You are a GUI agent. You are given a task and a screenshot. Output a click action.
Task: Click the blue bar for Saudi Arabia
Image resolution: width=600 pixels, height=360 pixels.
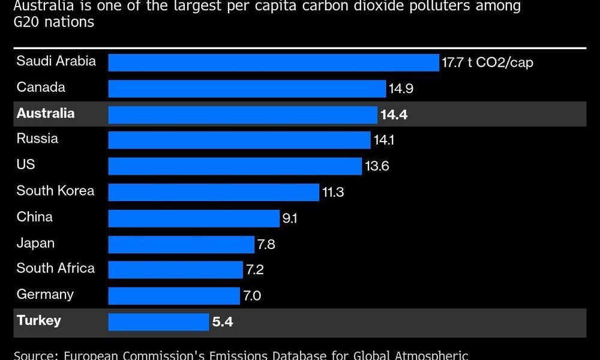pyautogui.click(x=274, y=62)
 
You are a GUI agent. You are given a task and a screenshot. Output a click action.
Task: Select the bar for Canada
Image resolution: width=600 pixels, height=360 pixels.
pyautogui.click(x=247, y=89)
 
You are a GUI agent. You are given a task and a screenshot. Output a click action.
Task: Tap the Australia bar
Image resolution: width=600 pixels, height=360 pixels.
pyautogui.click(x=242, y=115)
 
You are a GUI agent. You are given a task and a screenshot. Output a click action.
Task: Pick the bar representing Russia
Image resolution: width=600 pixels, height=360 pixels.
pyautogui.click(x=239, y=140)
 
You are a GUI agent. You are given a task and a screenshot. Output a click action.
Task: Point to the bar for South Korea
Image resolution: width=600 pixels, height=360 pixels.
pyautogui.click(x=214, y=192)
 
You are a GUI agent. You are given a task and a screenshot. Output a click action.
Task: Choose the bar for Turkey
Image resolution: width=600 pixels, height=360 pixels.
pyautogui.click(x=158, y=322)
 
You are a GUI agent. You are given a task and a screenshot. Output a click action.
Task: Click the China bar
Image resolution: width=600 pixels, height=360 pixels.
pyautogui.click(x=194, y=218)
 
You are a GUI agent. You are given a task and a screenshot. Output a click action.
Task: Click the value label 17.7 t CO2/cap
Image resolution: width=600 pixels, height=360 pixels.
pyautogui.click(x=487, y=63)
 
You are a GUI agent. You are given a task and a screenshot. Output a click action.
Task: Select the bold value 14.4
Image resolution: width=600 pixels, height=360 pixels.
pyautogui.click(x=394, y=115)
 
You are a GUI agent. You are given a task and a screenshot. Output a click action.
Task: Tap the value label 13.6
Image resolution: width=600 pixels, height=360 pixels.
pyautogui.click(x=377, y=166)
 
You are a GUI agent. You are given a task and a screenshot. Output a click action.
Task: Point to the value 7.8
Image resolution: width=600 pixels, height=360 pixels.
pyautogui.click(x=266, y=244)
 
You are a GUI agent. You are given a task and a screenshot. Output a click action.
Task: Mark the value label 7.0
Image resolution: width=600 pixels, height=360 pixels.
pyautogui.click(x=252, y=296)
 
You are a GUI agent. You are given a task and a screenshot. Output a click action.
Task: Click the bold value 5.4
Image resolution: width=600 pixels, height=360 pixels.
pyautogui.click(x=222, y=322)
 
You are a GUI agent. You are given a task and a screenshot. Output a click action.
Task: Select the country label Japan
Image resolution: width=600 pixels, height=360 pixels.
pyautogui.click(x=35, y=243)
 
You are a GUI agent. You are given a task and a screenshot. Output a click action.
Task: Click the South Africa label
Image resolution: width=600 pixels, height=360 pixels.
pyautogui.click(x=55, y=268)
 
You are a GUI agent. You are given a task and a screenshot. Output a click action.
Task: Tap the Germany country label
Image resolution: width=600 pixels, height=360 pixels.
pyautogui.click(x=45, y=295)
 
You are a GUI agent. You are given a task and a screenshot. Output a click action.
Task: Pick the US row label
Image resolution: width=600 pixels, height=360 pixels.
pyautogui.click(x=26, y=164)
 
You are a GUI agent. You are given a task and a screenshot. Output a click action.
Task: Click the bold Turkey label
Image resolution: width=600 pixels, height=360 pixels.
pyautogui.click(x=39, y=320)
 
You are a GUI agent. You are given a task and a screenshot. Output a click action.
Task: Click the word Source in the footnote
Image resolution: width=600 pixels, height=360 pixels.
pyautogui.click(x=35, y=355)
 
